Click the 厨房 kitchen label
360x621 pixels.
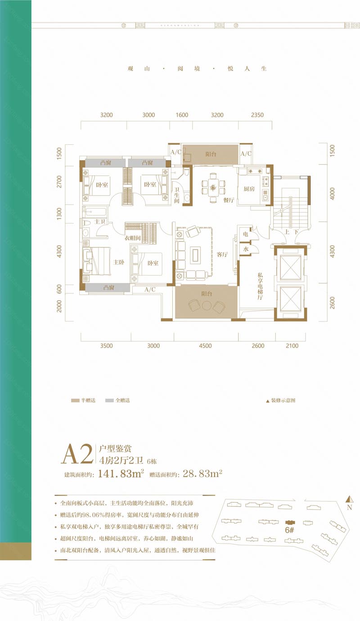pos(250,189)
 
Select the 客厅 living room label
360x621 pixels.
pos(221,255)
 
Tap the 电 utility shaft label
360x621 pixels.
pos(246,235)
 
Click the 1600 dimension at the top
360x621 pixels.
pos(182,115)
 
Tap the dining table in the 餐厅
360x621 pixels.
pos(214,185)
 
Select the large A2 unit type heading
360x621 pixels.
pos(78,454)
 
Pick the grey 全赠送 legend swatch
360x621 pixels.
pos(109,400)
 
